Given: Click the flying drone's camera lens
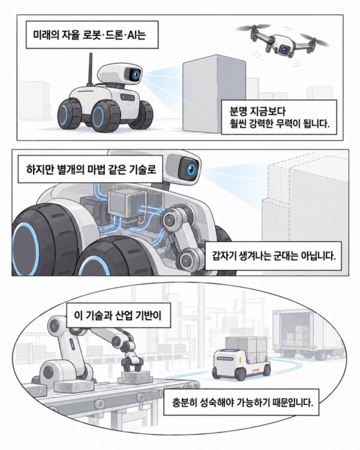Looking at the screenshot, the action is click(x=285, y=50).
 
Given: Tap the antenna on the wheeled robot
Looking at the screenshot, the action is click(x=91, y=69).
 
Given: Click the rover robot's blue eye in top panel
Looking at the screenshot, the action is click(x=136, y=75).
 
